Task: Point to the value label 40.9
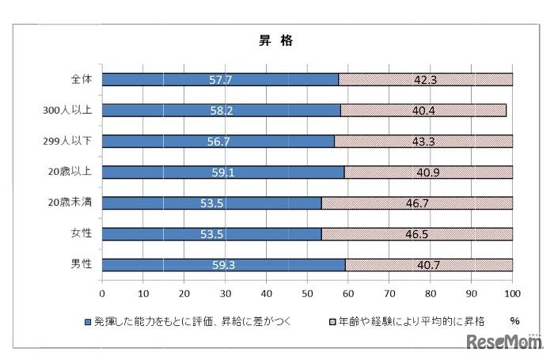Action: [x=428, y=172]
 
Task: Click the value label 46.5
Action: [x=416, y=233]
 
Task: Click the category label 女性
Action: [x=80, y=233]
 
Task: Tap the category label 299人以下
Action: [x=70, y=141]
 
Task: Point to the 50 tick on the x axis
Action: [x=307, y=292]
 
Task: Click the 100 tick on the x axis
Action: [x=512, y=292]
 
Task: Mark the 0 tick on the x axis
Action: [x=102, y=292]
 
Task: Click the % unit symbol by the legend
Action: [x=514, y=321]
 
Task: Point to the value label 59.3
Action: [x=223, y=264]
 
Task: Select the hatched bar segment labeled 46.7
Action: [x=416, y=203]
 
